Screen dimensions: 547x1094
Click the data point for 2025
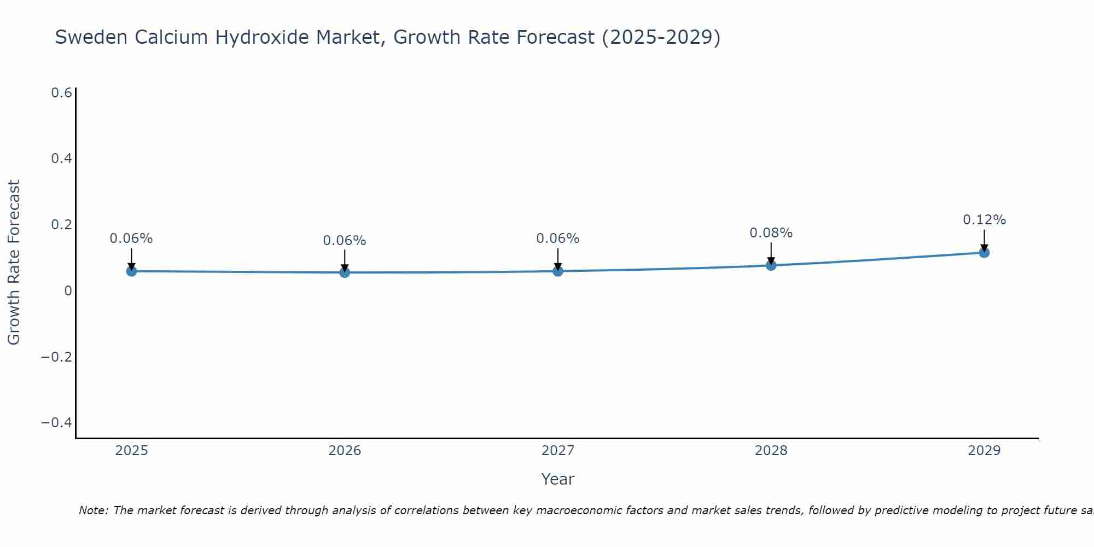[131, 271]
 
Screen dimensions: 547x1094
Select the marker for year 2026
[345, 272]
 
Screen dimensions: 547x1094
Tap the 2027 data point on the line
[558, 271]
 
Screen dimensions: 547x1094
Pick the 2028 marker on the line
[771, 265]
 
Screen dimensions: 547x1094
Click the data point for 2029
[984, 252]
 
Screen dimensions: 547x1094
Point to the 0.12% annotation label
[984, 220]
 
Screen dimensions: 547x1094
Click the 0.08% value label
[771, 233]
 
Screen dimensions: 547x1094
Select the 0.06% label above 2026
[345, 241]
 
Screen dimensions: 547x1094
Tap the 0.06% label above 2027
[558, 238]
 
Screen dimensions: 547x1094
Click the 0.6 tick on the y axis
[62, 93]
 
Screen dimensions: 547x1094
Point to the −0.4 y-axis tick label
[57, 423]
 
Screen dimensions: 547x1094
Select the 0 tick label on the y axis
[68, 290]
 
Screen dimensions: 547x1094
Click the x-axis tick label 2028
[771, 451]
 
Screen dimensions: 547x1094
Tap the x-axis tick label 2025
[132, 451]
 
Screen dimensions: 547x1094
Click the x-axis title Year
[557, 479]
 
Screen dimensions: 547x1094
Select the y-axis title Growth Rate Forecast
[14, 263]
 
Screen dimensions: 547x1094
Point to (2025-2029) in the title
[661, 37]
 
